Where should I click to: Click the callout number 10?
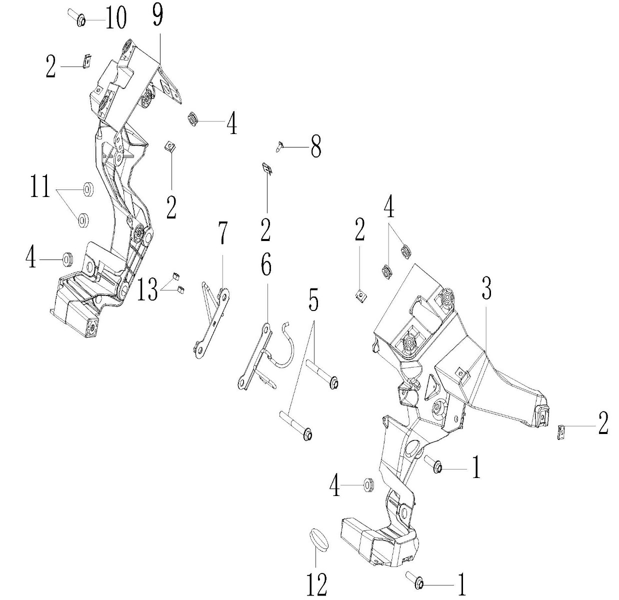coord(116,18)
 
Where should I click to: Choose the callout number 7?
coord(222,233)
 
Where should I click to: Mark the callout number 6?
coord(266,262)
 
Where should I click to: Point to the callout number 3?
coord(486,288)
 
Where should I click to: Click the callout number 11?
coord(40,186)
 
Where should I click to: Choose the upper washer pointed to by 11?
coord(88,189)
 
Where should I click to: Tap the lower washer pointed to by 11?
coord(83,220)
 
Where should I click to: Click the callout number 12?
coord(317,584)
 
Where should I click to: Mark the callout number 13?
coord(147,289)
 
